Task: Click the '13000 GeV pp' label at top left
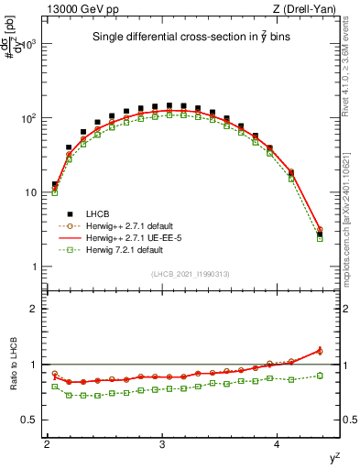click(80, 9)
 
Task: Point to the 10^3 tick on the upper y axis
click(31, 44)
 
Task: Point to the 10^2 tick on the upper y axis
click(31, 119)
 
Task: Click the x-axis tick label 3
click(162, 444)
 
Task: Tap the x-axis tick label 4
click(278, 444)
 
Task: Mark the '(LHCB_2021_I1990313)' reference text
click(189, 274)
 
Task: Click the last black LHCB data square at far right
click(320, 234)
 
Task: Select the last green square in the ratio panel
click(320, 376)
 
